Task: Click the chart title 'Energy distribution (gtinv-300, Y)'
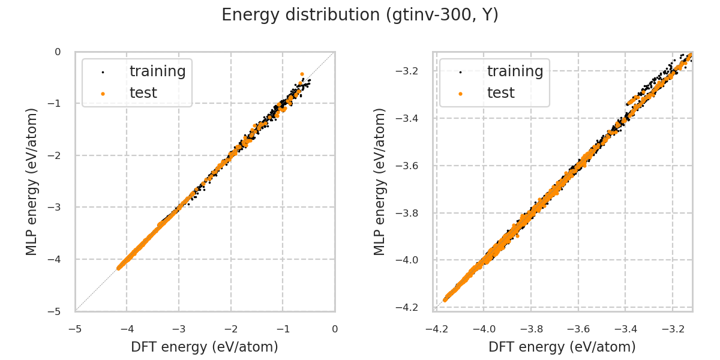click(360, 16)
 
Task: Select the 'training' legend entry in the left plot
click(157, 71)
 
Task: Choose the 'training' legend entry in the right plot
click(515, 71)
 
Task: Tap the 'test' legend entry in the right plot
click(500, 93)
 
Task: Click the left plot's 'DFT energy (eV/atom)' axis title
click(205, 347)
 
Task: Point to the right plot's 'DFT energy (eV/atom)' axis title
click(562, 347)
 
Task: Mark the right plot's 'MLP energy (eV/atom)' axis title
click(380, 181)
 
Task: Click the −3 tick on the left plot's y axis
click(58, 208)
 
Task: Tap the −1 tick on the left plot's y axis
click(58, 104)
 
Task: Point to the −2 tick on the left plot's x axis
click(231, 329)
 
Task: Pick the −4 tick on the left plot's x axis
click(127, 329)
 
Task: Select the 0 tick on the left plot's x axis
click(335, 329)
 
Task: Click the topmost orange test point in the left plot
click(302, 74)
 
